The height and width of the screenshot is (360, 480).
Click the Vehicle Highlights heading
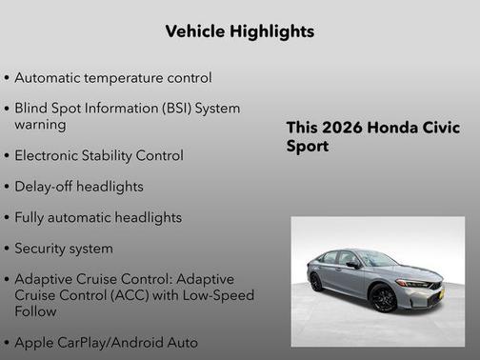tap(239, 31)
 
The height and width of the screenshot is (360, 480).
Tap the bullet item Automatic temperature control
tap(112, 77)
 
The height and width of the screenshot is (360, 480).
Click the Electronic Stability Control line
tap(99, 155)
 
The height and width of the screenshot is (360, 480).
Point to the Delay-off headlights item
tap(78, 187)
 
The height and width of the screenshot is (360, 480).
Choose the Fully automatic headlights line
tap(97, 217)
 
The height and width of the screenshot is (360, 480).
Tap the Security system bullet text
tap(63, 249)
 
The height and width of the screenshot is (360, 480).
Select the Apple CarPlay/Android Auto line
tap(106, 342)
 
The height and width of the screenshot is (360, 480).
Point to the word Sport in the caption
tap(308, 148)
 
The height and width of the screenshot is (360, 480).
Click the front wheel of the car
tap(384, 298)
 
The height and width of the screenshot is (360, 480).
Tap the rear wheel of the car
tap(316, 282)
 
